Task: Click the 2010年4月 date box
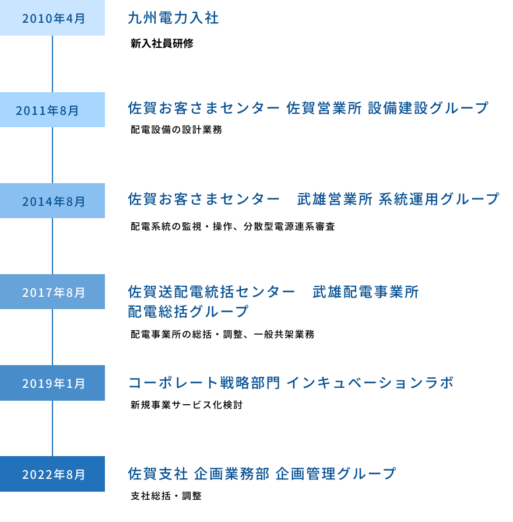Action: coord(52,18)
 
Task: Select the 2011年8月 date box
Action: coord(52,110)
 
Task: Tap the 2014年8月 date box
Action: coord(52,201)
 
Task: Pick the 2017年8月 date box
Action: coord(52,292)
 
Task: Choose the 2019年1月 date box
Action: coord(52,383)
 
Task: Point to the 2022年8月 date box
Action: coord(52,474)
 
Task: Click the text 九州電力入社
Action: coord(173,18)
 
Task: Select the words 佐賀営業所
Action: coord(324,108)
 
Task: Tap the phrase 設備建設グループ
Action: coord(428,108)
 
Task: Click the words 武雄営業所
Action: coord(335,199)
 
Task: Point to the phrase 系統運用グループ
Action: coord(438,199)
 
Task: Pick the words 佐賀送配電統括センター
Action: coord(212,292)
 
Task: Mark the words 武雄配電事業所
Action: coord(366,292)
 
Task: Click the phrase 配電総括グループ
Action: coord(188,311)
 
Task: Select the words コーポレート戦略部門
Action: coord(204,383)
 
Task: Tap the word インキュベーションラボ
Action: coord(370,383)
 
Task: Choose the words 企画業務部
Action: coord(231,474)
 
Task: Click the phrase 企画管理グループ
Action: coord(336,474)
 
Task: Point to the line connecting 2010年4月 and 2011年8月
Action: coord(52,64)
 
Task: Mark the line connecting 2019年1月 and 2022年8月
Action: coord(52,428)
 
